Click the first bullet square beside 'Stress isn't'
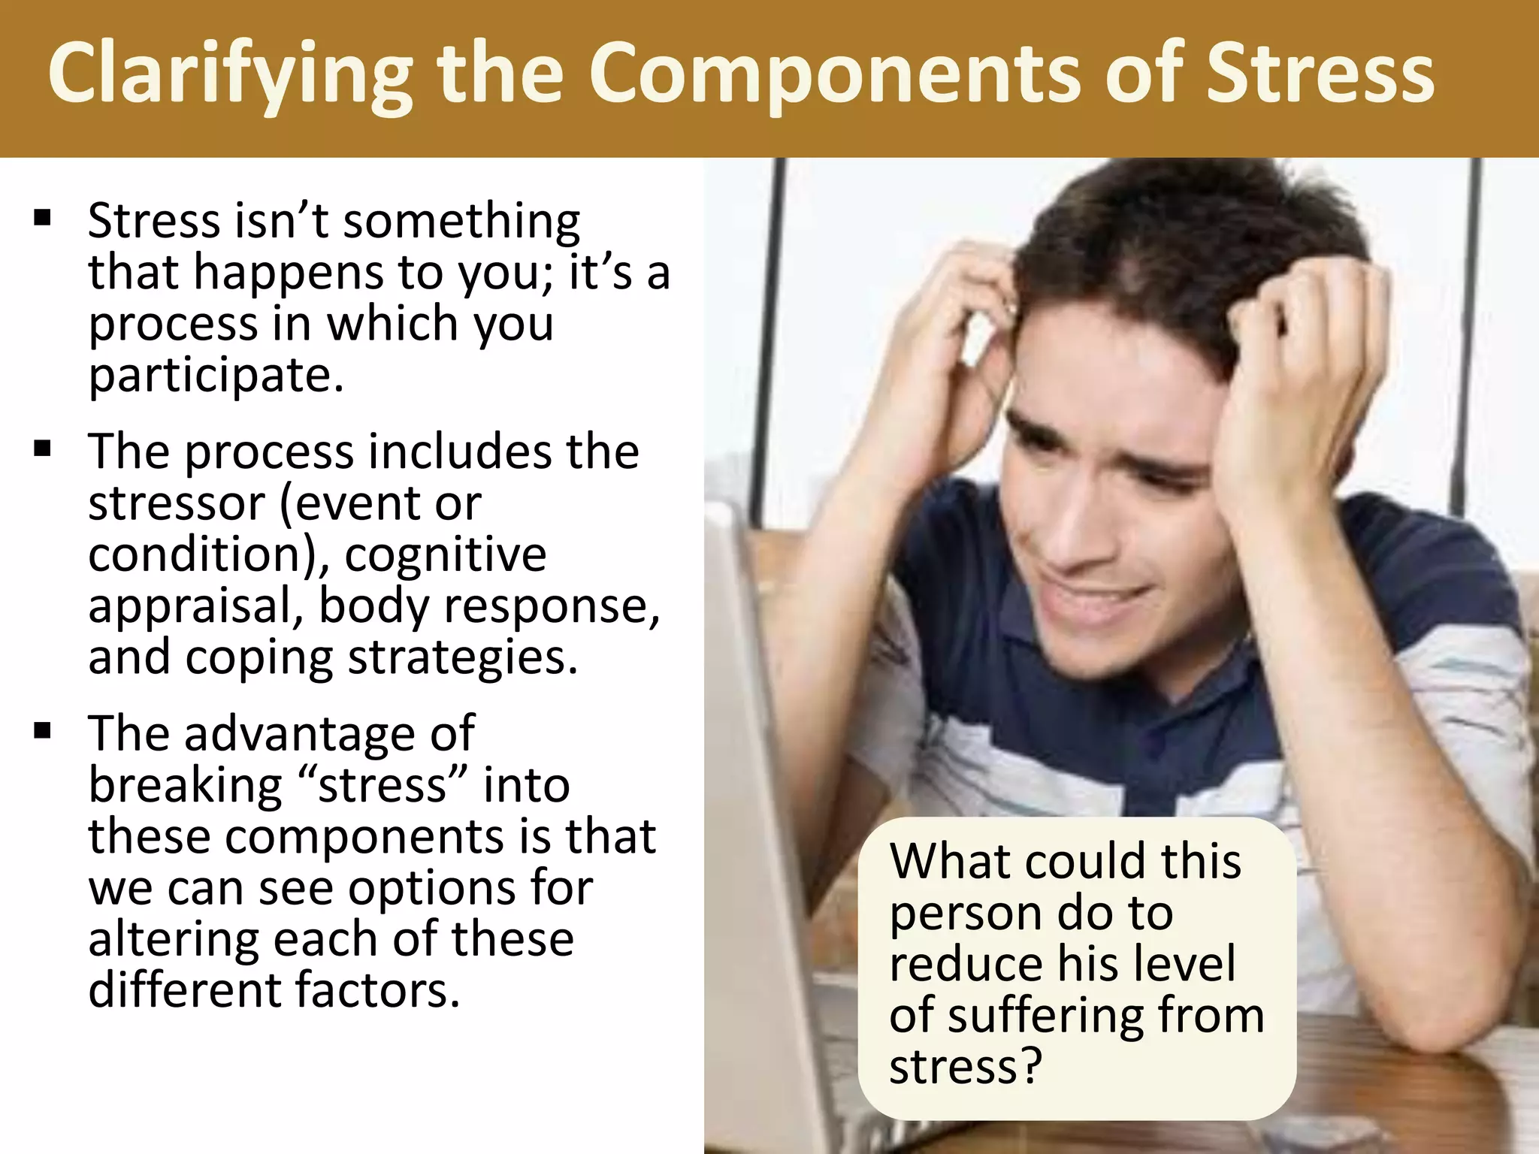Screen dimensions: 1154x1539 click(x=43, y=219)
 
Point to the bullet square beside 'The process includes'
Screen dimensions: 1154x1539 click(x=43, y=449)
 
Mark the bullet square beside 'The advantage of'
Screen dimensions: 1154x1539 click(x=43, y=730)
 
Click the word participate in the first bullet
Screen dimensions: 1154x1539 click(x=216, y=375)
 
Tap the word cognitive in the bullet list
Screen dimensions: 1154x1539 click(x=446, y=554)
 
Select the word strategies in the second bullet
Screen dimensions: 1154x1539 click(x=463, y=657)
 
